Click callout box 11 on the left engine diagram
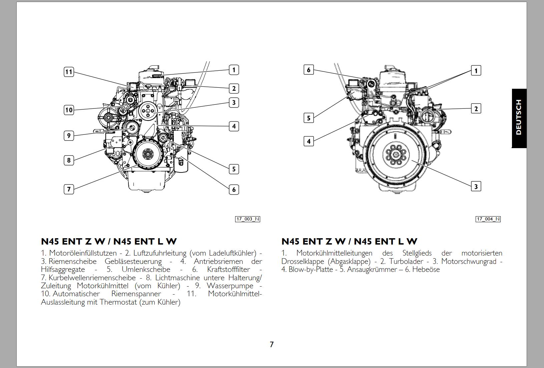[69, 72]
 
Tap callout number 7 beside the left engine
[69, 189]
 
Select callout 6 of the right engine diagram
[309, 70]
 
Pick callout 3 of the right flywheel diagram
[476, 187]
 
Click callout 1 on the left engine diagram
[234, 70]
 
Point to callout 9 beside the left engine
[69, 135]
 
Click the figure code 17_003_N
[247, 219]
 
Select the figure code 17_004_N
[488, 219]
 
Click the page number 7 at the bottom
[271, 344]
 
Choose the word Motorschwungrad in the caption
[469, 262]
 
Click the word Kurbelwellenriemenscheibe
[92, 278]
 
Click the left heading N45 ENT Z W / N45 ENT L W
[109, 241]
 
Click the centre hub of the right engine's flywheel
[396, 155]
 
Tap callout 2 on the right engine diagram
[476, 108]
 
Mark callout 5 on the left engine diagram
[234, 169]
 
